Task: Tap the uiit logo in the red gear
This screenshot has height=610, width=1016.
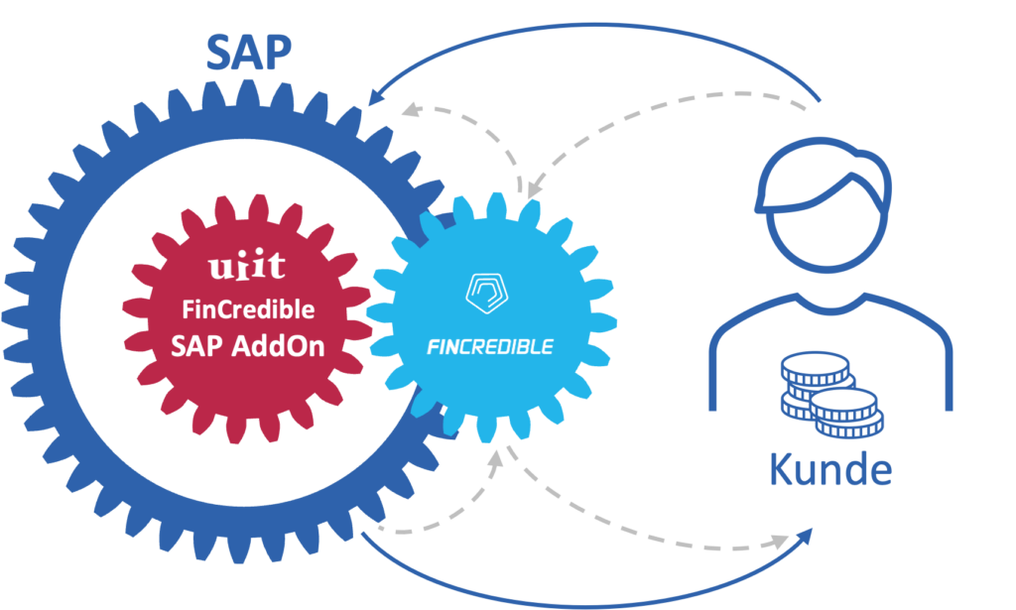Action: tap(247, 266)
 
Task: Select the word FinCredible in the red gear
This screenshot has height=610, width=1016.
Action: tap(248, 309)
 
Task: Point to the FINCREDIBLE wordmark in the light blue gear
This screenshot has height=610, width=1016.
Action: tap(490, 346)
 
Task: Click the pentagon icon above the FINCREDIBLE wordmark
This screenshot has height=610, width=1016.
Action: tap(488, 291)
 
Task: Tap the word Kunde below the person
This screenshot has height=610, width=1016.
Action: tap(831, 469)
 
